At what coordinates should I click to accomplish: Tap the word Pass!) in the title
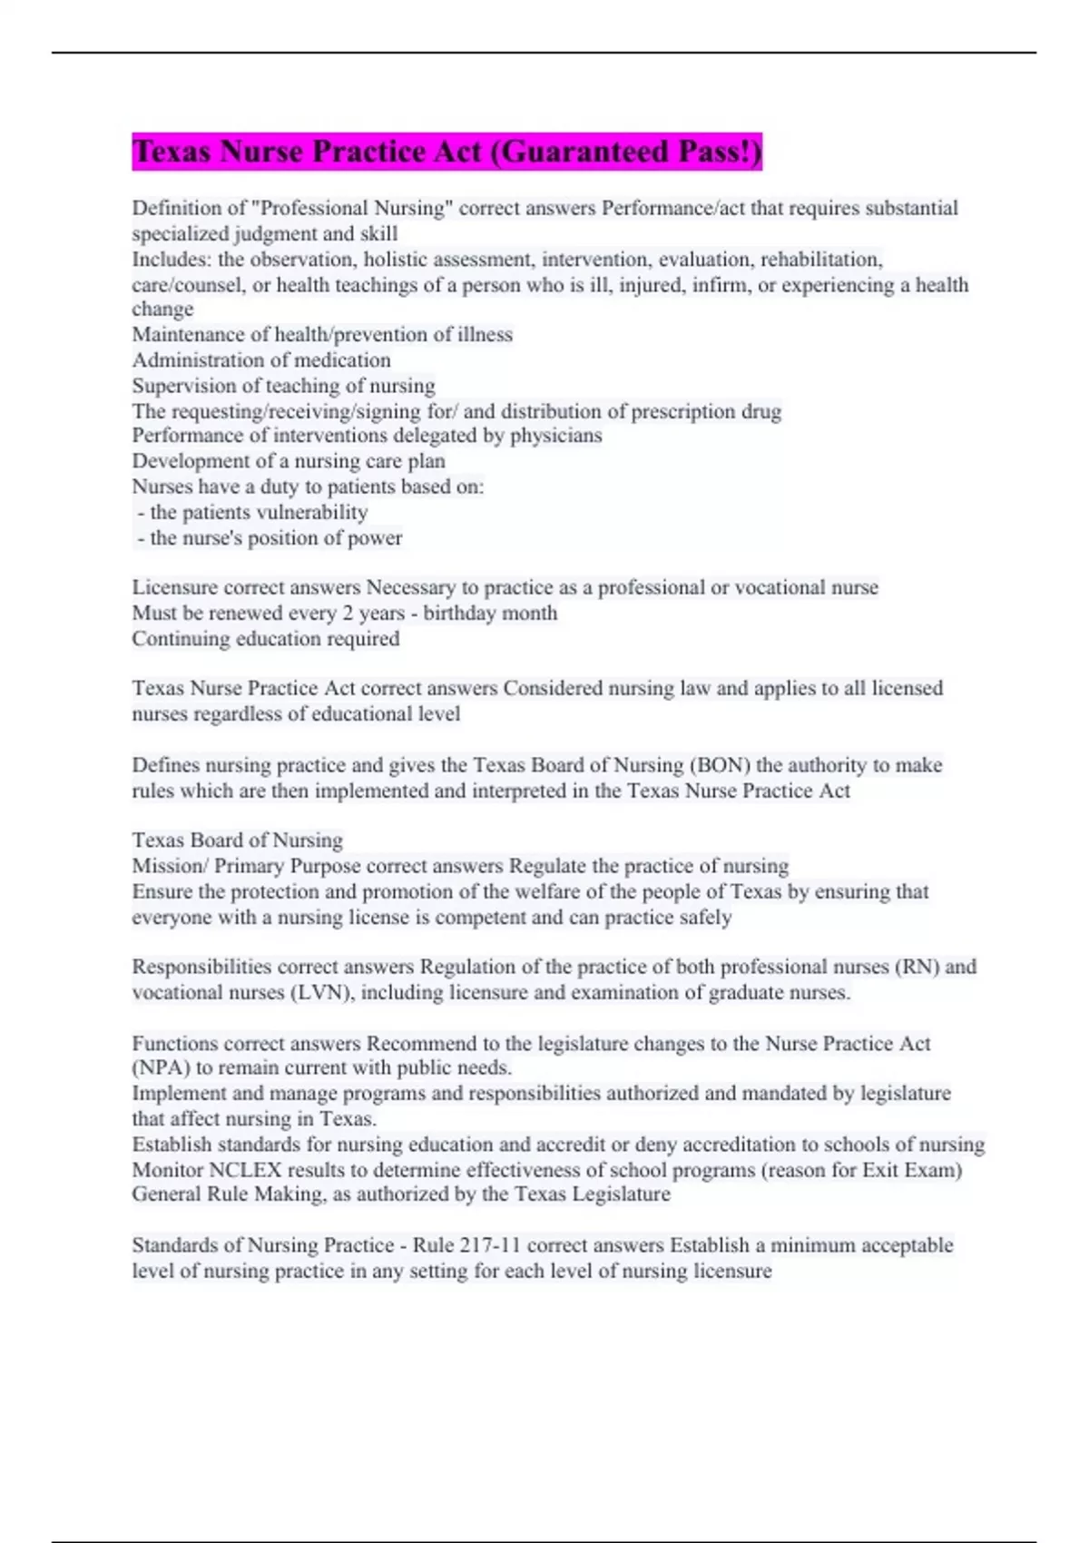(x=720, y=152)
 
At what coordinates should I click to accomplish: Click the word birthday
(x=456, y=614)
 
